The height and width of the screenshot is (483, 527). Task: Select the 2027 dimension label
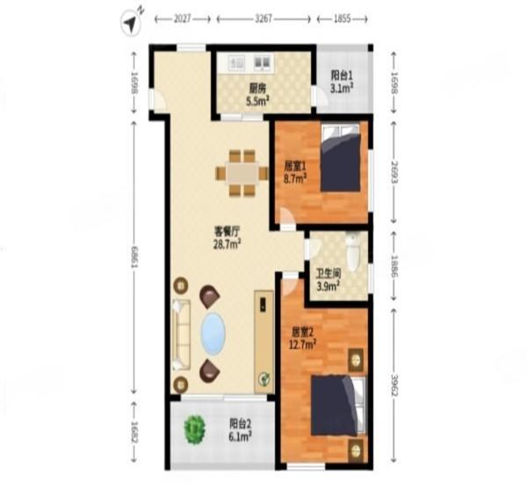pyautogui.click(x=184, y=18)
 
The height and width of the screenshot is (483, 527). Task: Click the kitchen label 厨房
pyautogui.click(x=257, y=88)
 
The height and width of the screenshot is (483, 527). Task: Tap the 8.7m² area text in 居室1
pyautogui.click(x=295, y=178)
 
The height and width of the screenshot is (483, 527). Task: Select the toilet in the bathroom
pyautogui.click(x=353, y=253)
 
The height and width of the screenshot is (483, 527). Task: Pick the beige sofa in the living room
pyautogui.click(x=181, y=335)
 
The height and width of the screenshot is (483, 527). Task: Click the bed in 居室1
pyautogui.click(x=340, y=159)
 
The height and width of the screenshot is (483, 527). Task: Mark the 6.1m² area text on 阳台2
pyautogui.click(x=240, y=435)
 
